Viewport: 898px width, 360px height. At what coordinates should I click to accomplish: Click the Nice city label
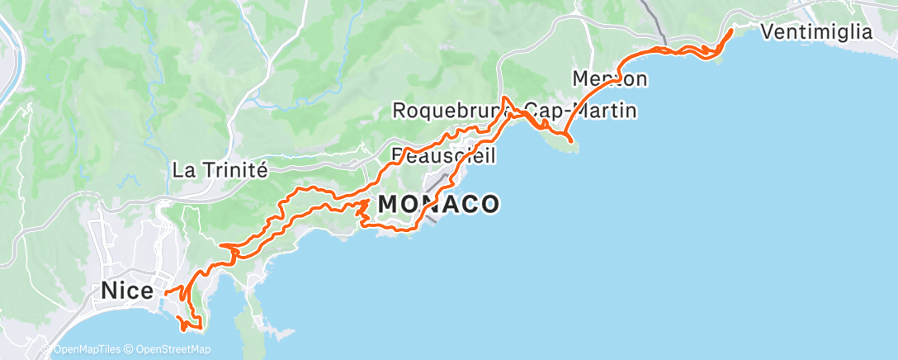click(x=126, y=291)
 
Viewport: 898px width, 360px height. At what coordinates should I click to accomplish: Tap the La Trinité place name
click(x=220, y=171)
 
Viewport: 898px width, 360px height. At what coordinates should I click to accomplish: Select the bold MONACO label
click(x=438, y=203)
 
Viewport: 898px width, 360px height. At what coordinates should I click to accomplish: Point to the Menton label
click(x=609, y=78)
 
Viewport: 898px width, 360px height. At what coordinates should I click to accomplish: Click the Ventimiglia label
click(x=817, y=32)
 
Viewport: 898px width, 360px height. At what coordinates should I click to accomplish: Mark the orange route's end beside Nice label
click(x=165, y=291)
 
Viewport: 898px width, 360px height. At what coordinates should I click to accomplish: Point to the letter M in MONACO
click(x=390, y=203)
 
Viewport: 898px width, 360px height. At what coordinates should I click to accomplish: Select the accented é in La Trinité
click(x=262, y=171)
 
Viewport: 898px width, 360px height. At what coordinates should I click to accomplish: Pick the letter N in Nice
click(x=109, y=291)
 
